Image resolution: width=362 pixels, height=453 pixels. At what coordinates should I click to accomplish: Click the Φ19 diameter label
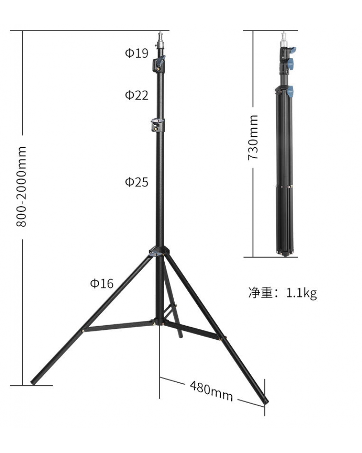(137, 53)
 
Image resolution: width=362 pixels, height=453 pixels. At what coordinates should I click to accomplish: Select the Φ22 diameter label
(137, 95)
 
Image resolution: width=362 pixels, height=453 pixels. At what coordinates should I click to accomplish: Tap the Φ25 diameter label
(137, 182)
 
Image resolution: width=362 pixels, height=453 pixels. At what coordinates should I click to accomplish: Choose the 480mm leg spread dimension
(211, 390)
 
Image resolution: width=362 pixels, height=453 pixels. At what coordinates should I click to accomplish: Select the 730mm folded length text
(253, 137)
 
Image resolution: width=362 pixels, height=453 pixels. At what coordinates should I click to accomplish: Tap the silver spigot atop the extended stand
(160, 38)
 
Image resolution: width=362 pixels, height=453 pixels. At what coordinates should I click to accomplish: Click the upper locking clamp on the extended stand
(159, 64)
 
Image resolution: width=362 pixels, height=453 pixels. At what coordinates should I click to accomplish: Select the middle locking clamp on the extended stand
(158, 125)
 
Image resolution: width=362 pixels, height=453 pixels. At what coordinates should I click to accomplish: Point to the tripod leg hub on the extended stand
(158, 252)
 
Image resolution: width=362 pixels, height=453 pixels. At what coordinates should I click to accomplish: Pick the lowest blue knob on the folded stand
(290, 91)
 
